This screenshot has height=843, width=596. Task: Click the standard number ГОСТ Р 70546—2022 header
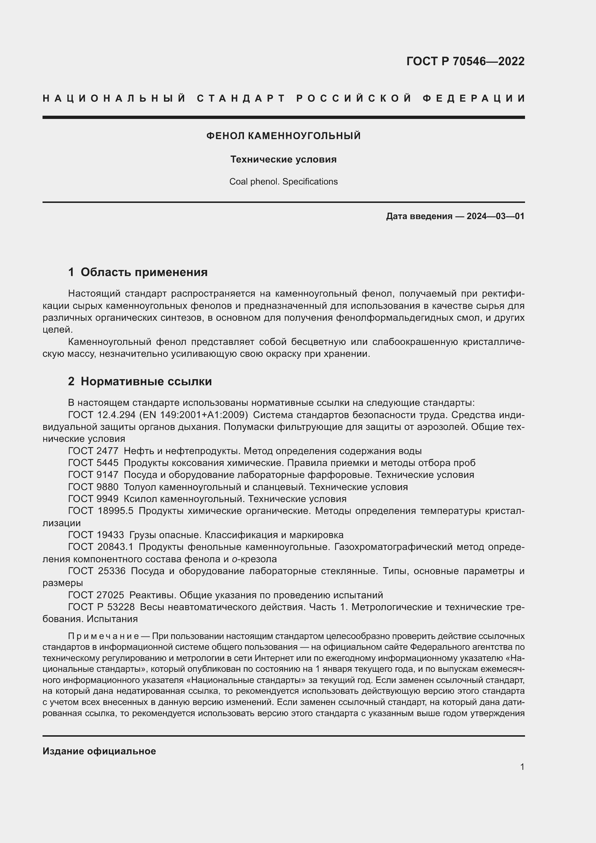pos(465,61)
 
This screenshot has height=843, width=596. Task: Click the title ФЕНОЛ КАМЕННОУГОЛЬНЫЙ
pos(283,136)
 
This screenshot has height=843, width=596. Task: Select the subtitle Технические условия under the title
pos(283,159)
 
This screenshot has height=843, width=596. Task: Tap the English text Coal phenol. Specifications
pos(283,182)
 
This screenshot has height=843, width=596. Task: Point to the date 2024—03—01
pos(495,216)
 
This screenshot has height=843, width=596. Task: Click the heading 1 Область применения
pos(138,272)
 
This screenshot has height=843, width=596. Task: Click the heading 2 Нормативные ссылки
pos(140,381)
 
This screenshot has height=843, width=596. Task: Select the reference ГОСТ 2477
pos(93,451)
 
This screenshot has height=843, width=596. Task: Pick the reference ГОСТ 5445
pos(93,463)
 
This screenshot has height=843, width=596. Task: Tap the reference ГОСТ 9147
pos(93,475)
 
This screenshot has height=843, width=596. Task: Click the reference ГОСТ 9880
pos(93,487)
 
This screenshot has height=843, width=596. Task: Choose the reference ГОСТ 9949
pos(93,499)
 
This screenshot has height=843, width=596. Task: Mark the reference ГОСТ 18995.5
pos(101,511)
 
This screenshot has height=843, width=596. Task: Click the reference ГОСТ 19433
pos(96,535)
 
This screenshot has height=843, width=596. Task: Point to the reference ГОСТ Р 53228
pos(101,607)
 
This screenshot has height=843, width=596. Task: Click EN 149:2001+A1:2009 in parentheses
pos(194,415)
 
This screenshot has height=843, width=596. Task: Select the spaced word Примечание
pos(103,636)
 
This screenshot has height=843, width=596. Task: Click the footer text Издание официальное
pos(99,751)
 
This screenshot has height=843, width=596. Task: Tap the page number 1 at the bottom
pos(522,767)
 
